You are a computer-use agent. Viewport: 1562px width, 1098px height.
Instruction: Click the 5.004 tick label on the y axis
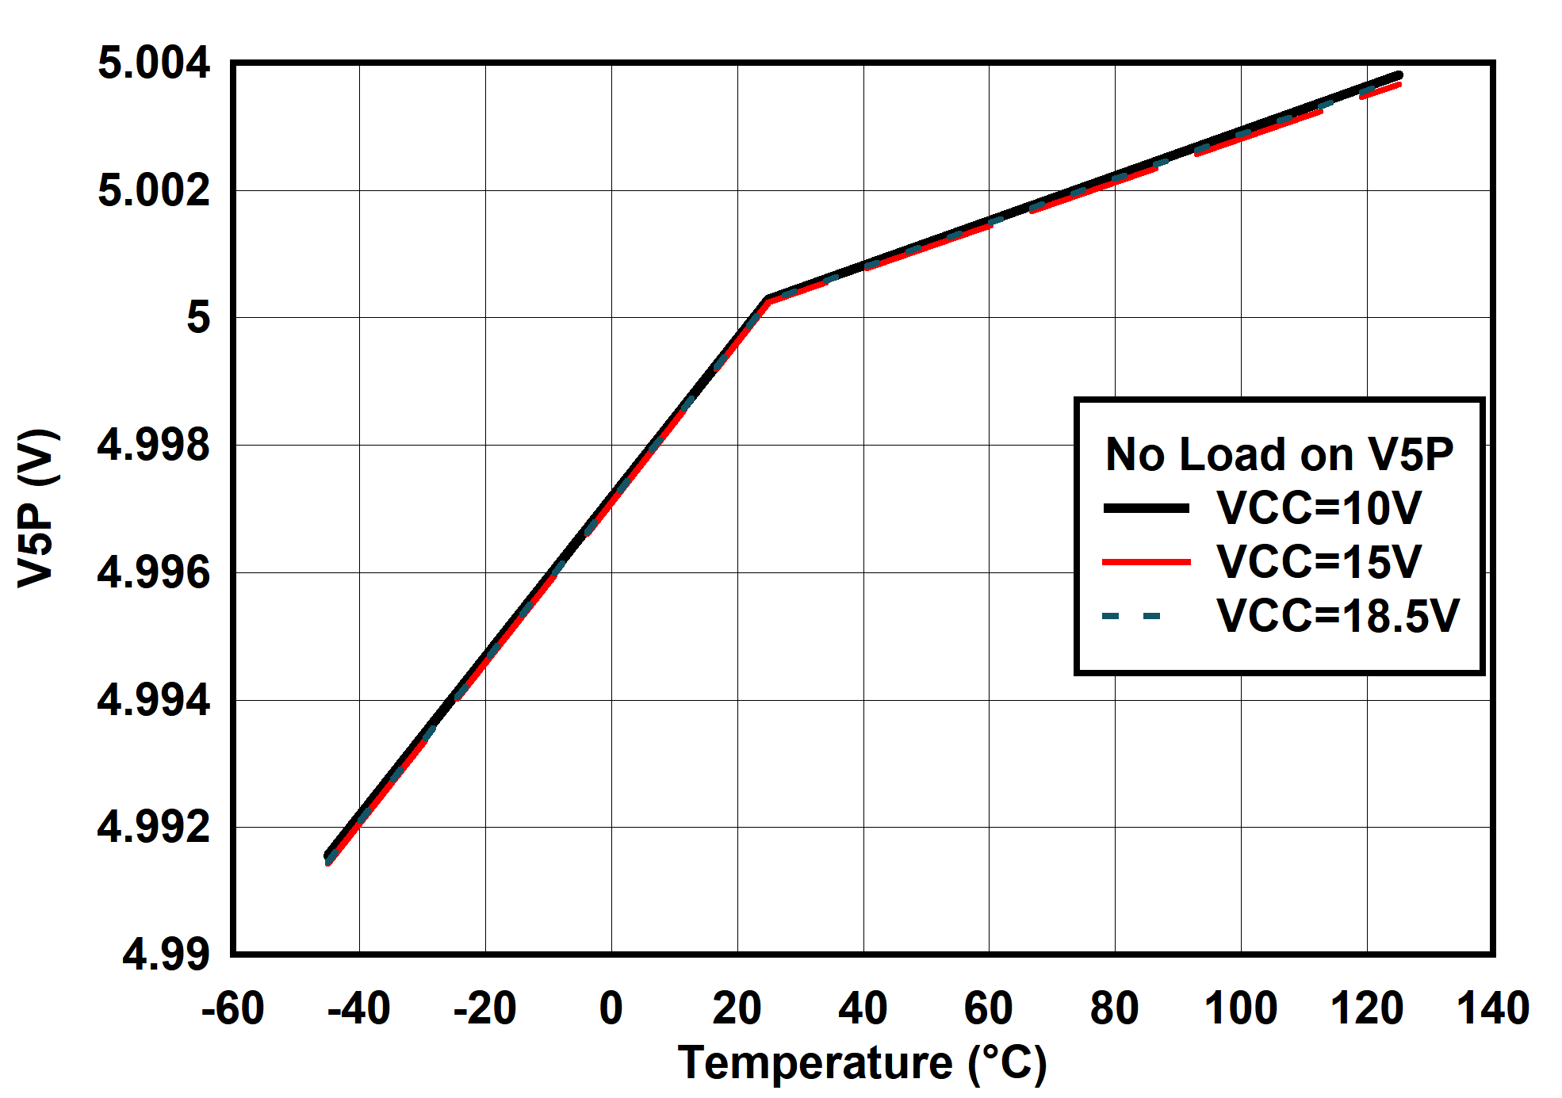coord(154,63)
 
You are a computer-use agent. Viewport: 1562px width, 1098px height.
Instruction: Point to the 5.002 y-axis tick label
coord(154,190)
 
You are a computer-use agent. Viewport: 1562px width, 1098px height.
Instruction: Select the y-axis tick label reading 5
coord(198,318)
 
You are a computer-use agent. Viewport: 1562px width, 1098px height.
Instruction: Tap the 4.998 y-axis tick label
coord(154,445)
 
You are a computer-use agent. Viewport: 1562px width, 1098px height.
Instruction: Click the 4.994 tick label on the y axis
coord(154,700)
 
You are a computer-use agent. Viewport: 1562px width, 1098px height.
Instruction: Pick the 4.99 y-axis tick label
coord(166,954)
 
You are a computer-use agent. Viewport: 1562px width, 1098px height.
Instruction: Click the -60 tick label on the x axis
coord(232,1008)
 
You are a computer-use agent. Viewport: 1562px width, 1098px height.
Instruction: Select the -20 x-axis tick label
coord(484,1008)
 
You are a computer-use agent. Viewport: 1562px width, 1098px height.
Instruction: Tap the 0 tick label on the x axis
coord(611,1008)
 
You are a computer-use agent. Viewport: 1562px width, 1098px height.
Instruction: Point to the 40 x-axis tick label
coord(863,1008)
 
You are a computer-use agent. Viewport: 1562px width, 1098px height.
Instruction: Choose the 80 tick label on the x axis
coord(1114,1008)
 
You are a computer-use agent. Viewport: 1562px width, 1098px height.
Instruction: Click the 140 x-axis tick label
coord(1492,1008)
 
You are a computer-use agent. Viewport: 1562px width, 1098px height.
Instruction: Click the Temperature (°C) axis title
coord(862,1062)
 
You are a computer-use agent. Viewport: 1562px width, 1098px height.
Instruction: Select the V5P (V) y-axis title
coord(37,508)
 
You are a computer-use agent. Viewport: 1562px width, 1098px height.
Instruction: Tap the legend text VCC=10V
coord(1319,508)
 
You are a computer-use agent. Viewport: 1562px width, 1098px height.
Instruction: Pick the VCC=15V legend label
coord(1319,562)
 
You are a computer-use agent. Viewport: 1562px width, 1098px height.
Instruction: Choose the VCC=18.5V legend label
coord(1338,616)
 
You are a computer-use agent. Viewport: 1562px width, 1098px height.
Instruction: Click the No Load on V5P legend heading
coord(1279,454)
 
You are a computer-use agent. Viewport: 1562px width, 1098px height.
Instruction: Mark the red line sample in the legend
coord(1147,562)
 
